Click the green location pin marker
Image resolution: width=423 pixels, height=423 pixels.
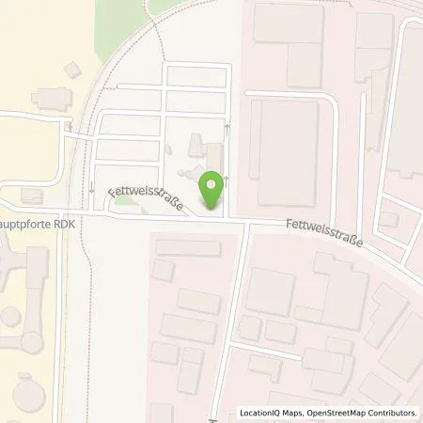(x=213, y=190)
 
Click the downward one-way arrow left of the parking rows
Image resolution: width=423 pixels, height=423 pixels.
(x=91, y=188)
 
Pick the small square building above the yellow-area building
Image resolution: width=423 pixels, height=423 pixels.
(x=71, y=69)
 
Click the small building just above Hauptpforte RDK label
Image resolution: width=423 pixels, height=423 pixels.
(x=31, y=194)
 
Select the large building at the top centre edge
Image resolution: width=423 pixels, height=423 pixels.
(x=288, y=23)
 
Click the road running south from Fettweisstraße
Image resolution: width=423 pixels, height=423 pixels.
(x=232, y=310)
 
